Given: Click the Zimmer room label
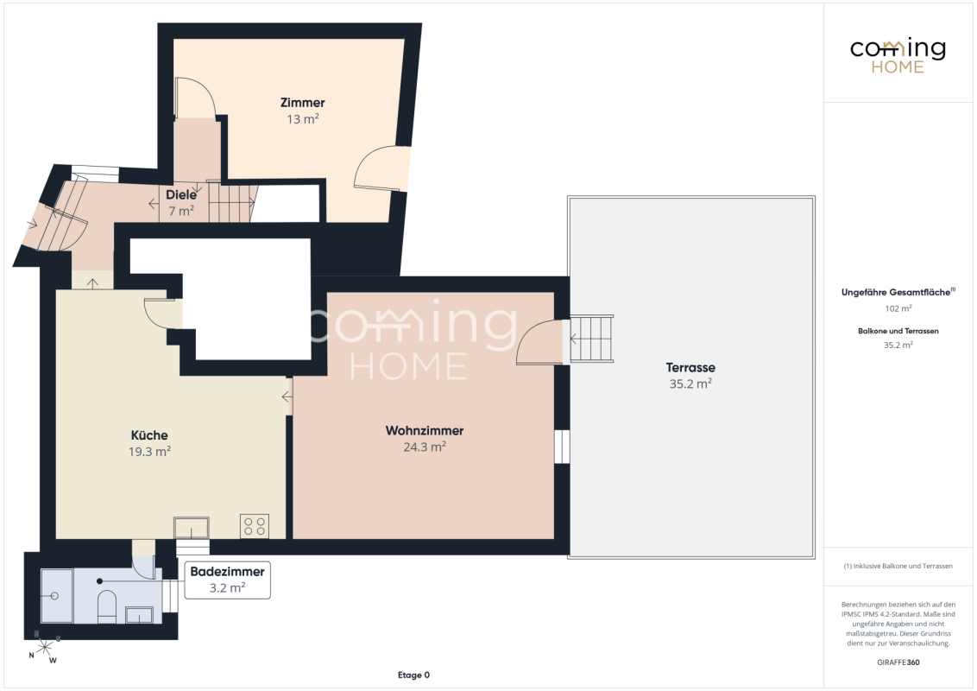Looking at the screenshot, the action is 302,102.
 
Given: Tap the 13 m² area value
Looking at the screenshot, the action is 303,118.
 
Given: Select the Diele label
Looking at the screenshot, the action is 181,194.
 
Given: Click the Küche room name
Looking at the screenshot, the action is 149,435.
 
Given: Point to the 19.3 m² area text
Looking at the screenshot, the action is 149,451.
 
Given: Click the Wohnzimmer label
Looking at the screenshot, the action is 425,430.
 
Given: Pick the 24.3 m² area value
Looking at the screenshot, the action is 425,447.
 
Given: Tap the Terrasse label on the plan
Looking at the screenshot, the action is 690,367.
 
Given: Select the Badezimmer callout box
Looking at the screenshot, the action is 228,580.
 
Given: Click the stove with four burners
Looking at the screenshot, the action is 255,526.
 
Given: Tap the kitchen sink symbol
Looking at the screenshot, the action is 192,528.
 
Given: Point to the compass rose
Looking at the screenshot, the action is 45,647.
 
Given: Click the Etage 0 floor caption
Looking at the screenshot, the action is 413,675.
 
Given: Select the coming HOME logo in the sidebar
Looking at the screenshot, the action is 898,56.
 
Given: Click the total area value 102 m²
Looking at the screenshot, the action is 898,308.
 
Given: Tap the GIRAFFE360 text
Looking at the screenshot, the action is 898,662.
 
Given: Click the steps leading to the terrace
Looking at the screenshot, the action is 591,339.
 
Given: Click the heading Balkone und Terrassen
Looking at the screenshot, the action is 898,331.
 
